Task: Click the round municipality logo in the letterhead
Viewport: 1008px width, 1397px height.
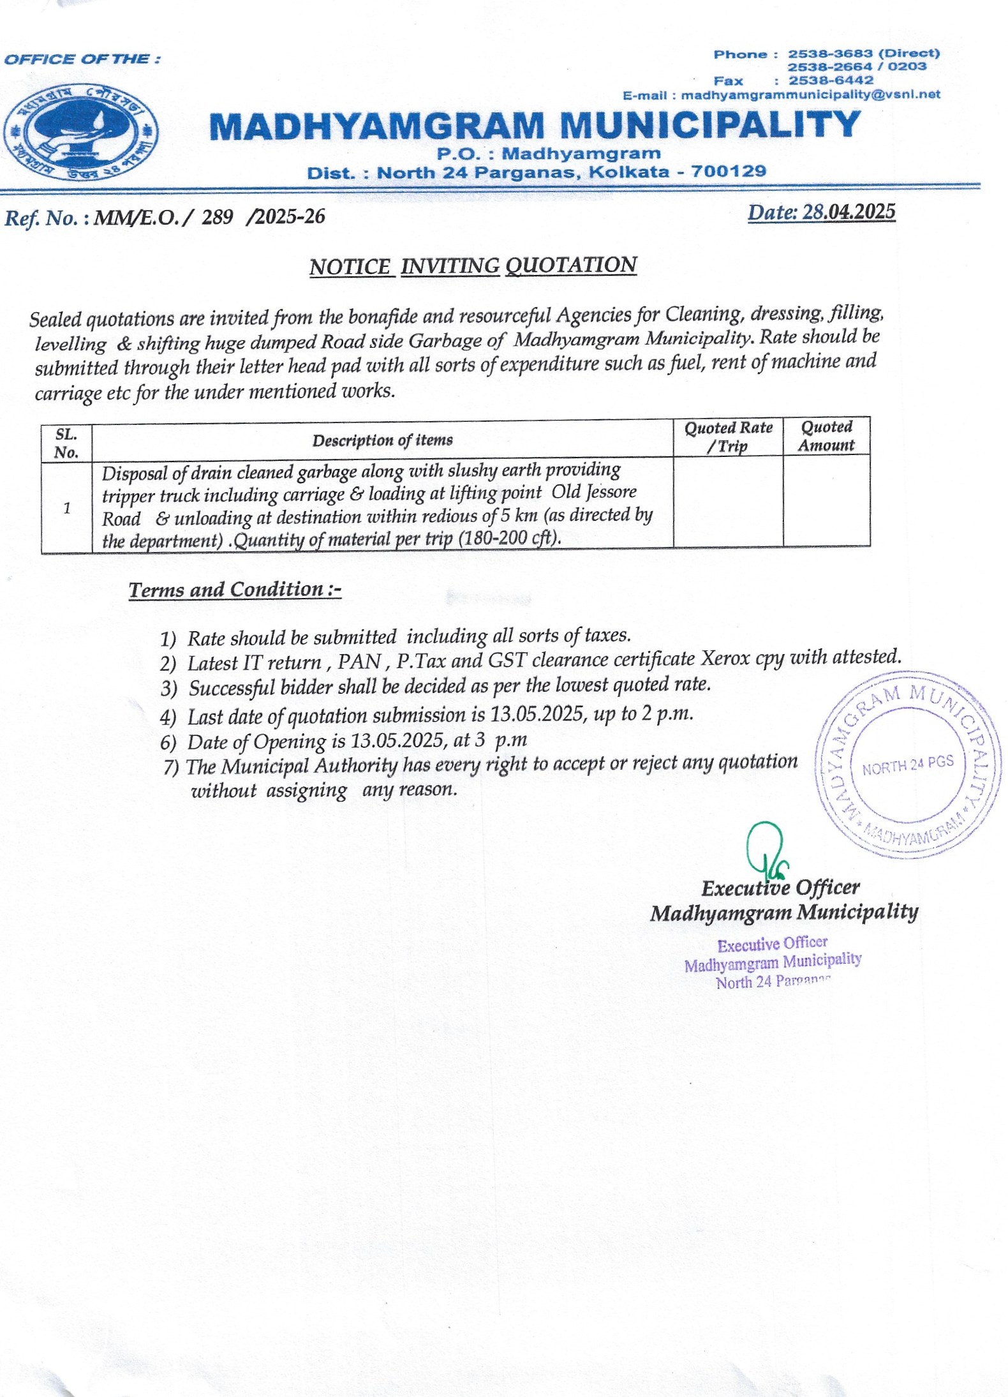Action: [81, 134]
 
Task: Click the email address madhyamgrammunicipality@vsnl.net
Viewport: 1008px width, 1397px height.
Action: [810, 95]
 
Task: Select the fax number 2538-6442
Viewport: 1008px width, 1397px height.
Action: [831, 80]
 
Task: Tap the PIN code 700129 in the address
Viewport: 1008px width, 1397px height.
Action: [729, 172]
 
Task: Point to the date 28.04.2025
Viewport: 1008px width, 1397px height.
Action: [849, 212]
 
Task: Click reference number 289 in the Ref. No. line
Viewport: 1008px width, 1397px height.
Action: [217, 218]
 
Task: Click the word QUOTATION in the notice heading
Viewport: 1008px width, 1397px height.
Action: [571, 265]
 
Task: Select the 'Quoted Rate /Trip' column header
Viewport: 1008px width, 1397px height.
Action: [728, 437]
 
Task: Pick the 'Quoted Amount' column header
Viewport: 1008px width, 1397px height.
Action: [826, 436]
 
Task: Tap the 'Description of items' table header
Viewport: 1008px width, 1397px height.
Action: [382, 440]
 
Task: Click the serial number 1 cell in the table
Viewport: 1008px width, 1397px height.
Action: [67, 508]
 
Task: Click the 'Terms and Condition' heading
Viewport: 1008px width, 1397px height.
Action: [235, 589]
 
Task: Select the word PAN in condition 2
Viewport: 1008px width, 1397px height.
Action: [360, 661]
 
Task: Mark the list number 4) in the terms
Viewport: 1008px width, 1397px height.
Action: [168, 717]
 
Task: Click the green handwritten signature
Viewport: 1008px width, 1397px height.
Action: [766, 848]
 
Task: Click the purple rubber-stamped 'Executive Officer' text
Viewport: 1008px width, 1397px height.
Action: [772, 944]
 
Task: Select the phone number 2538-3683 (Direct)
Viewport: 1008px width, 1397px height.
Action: [863, 54]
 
